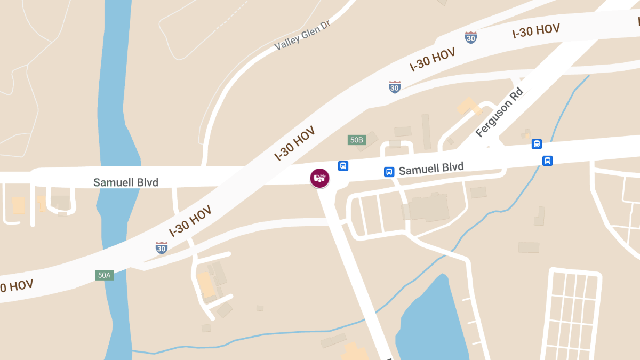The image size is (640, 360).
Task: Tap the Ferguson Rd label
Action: (x=499, y=113)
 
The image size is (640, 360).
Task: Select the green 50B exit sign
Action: (x=356, y=140)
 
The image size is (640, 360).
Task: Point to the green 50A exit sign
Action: (x=104, y=275)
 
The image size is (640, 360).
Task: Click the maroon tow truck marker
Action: (x=319, y=178)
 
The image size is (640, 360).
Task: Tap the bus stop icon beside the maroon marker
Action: (x=343, y=166)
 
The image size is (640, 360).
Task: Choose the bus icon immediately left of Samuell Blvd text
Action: (x=389, y=172)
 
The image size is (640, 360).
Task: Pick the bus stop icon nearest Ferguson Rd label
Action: (x=537, y=144)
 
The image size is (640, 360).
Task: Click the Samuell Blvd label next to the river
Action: (x=126, y=182)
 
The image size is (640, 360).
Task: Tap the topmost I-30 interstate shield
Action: (x=470, y=37)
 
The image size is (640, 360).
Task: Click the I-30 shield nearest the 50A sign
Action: (x=162, y=247)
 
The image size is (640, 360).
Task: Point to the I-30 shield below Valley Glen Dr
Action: (x=395, y=87)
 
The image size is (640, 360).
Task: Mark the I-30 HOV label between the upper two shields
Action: (x=433, y=59)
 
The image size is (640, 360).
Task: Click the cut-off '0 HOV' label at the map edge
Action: (x=16, y=286)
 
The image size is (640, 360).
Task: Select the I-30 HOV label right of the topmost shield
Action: (x=536, y=31)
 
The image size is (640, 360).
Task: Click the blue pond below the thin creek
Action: (x=432, y=320)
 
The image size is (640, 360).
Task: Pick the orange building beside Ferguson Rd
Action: (x=468, y=106)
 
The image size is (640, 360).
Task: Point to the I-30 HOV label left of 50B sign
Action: (x=294, y=143)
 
